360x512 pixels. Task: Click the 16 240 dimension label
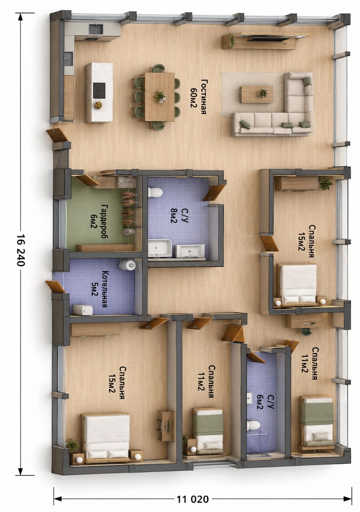20,250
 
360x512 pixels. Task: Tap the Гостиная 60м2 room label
198,97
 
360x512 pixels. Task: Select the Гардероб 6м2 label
99,222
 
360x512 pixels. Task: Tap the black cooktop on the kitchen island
99,90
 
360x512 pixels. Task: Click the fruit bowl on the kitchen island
99,105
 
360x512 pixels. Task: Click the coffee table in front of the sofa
257,95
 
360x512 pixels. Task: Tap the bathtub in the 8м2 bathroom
160,248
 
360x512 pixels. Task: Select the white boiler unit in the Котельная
83,310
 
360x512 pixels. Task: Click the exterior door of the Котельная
56,287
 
